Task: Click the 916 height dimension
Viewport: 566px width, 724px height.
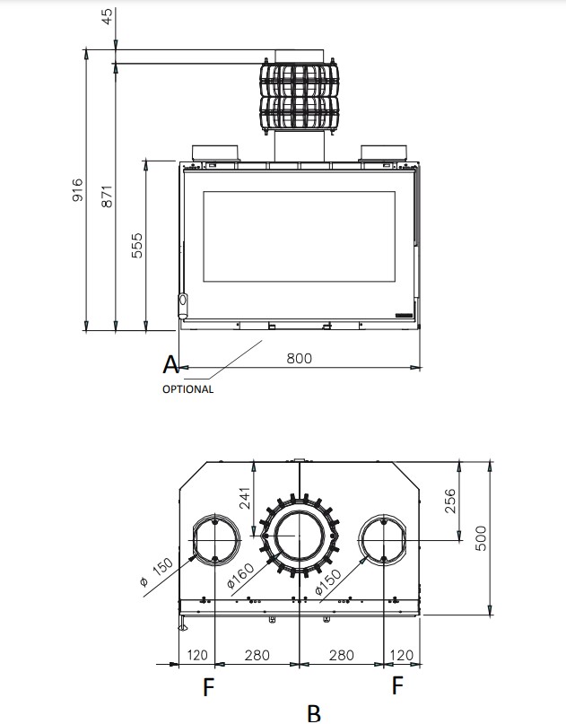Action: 77,190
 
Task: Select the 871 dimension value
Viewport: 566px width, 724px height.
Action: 107,196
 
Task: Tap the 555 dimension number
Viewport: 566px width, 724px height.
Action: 137,245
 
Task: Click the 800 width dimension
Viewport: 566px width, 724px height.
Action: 300,358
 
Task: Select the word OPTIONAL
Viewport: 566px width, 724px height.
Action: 187,389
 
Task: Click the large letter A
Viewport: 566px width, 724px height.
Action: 170,365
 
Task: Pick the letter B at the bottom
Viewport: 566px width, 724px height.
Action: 314,713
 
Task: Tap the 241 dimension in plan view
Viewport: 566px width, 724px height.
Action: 245,498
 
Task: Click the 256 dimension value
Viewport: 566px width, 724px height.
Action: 449,501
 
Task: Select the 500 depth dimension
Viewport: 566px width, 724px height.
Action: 480,538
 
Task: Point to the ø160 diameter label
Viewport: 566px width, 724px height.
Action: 241,576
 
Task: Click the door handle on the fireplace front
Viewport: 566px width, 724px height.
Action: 183,305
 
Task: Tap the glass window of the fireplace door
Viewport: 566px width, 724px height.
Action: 300,237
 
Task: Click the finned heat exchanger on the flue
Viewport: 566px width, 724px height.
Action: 300,97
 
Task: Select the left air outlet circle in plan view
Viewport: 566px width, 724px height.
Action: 215,539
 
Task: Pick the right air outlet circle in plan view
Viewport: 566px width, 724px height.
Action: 384,539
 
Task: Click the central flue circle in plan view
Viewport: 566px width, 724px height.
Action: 300,536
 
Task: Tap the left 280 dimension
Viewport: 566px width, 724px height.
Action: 257,655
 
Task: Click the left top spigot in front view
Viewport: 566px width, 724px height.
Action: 215,153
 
